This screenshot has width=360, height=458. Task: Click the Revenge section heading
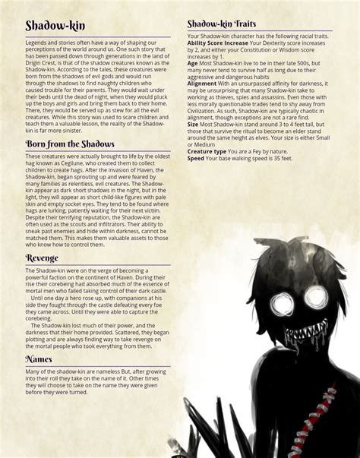point(42,258)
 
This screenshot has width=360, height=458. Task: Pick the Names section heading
point(39,358)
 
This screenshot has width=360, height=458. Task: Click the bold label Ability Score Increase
point(218,43)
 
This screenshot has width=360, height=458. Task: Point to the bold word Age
point(192,64)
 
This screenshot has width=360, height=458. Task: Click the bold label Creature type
point(207,151)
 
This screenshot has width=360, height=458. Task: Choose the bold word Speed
point(195,158)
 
